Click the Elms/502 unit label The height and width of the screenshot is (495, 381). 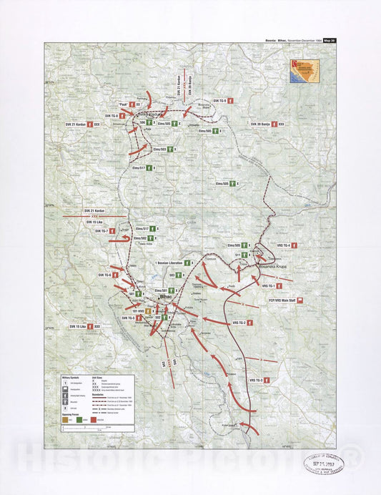(x=139, y=237)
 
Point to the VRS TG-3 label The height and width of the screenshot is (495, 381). (x=256, y=380)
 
